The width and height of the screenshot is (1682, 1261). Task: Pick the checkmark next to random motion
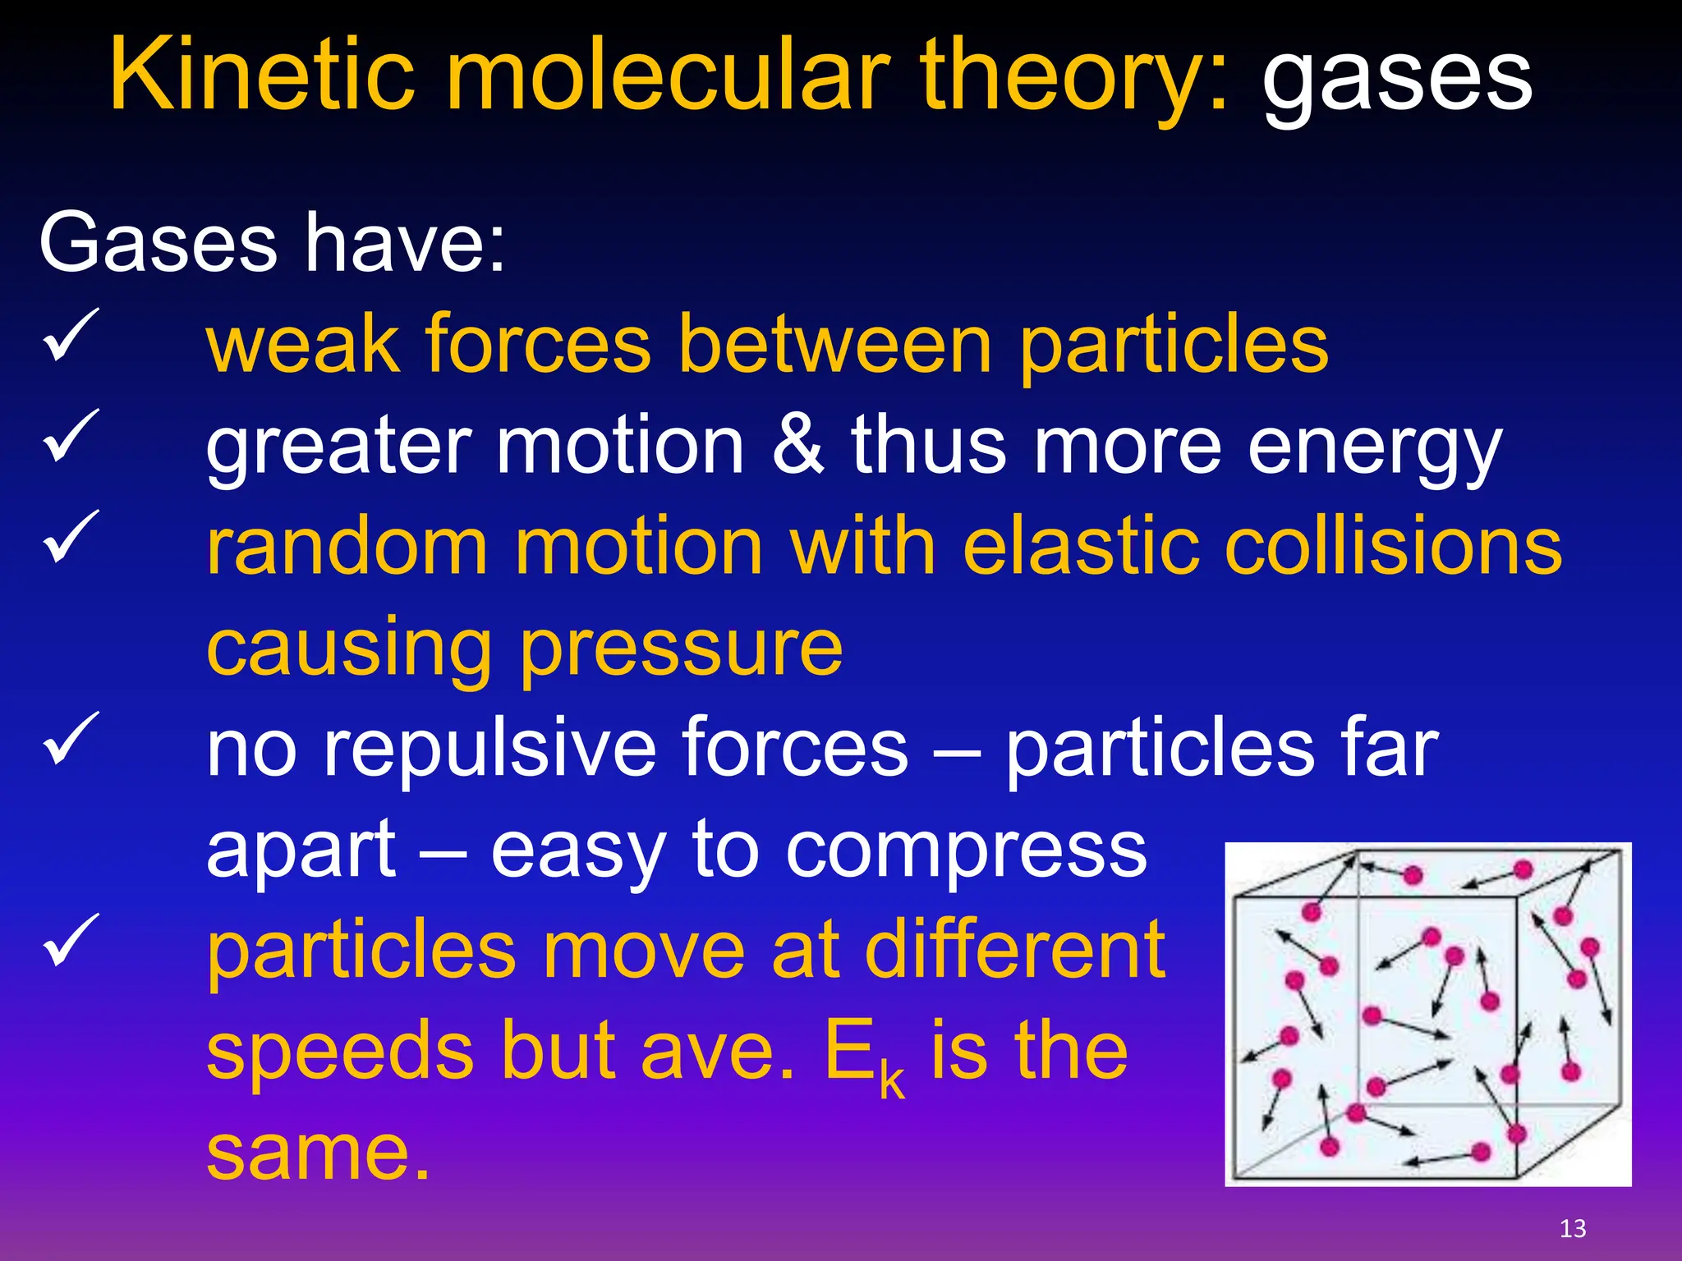pos(71,537)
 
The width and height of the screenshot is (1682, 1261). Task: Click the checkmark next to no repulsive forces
pos(71,739)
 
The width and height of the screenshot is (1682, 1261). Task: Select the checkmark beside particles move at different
pos(71,941)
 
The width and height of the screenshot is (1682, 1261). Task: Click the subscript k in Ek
pos(892,1082)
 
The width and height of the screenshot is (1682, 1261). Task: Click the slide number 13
pos(1572,1229)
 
